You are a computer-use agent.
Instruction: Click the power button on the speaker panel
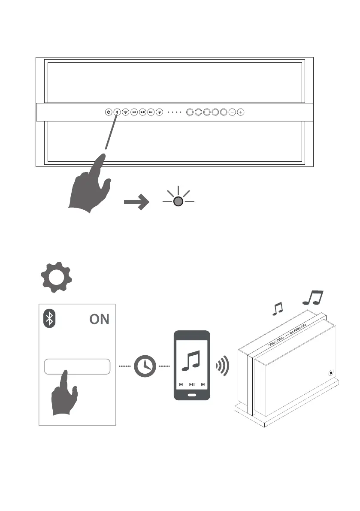109,112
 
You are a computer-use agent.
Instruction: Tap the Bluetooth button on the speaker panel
117,112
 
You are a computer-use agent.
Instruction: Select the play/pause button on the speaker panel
142,112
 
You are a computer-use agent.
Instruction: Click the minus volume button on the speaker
232,112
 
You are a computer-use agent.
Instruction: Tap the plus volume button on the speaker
241,112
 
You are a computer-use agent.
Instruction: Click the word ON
99,319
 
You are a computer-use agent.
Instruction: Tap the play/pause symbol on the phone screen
192,384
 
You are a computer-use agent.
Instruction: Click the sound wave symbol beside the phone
222,366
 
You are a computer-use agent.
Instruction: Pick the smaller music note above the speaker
278,308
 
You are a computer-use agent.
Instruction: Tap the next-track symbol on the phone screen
203,384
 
